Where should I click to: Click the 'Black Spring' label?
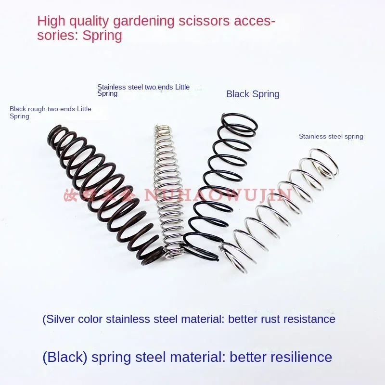pyautogui.click(x=253, y=94)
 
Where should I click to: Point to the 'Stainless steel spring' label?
pyautogui.click(x=331, y=136)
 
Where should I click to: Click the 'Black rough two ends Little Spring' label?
pyautogui.click(x=50, y=113)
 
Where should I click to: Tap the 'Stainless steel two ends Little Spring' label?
pyautogui.click(x=143, y=90)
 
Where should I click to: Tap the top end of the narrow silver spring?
pyautogui.click(x=163, y=128)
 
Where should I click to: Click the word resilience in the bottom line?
pyautogui.click(x=299, y=357)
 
